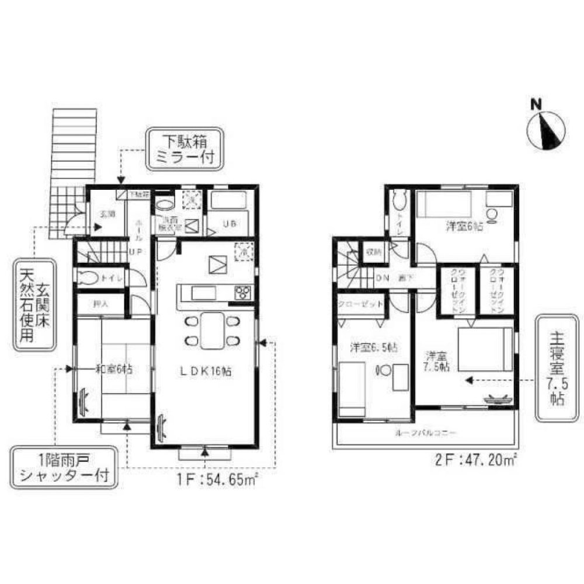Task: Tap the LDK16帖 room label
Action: tap(206, 371)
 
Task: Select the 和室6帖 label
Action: tap(114, 369)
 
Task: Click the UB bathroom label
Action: tap(228, 222)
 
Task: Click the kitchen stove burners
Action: tap(242, 293)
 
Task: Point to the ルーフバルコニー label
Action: tap(425, 433)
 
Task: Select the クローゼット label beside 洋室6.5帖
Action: tap(360, 304)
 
